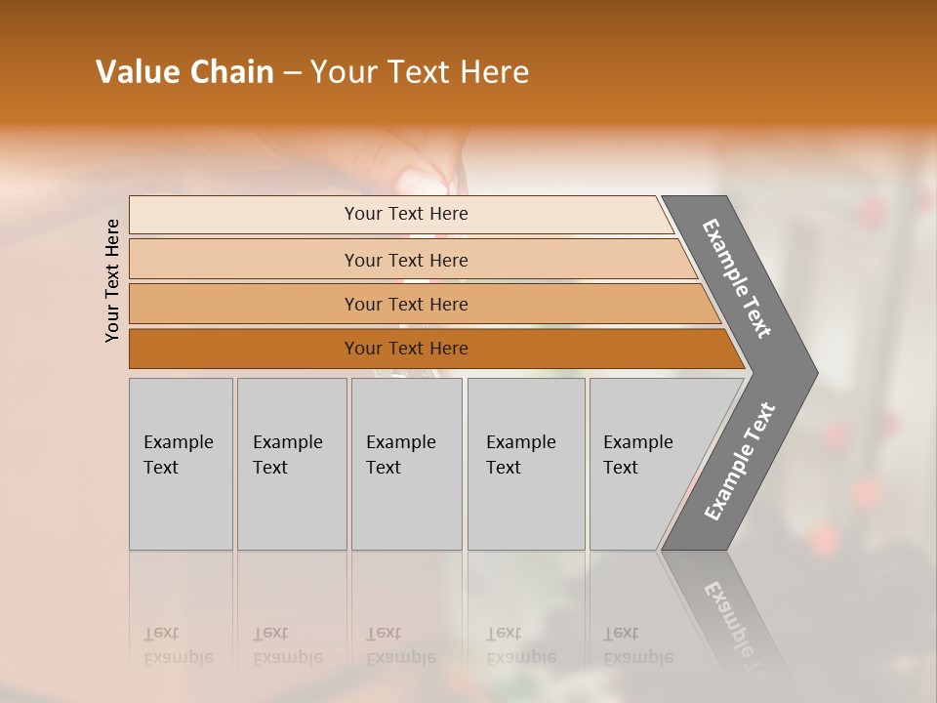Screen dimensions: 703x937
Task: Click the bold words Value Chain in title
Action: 184,72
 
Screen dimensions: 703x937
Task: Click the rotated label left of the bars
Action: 112,280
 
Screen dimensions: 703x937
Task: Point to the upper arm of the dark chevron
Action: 737,278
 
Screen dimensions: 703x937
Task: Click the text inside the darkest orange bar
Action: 406,349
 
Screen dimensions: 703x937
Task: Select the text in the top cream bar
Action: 406,214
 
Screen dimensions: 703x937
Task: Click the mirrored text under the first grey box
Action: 178,646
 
